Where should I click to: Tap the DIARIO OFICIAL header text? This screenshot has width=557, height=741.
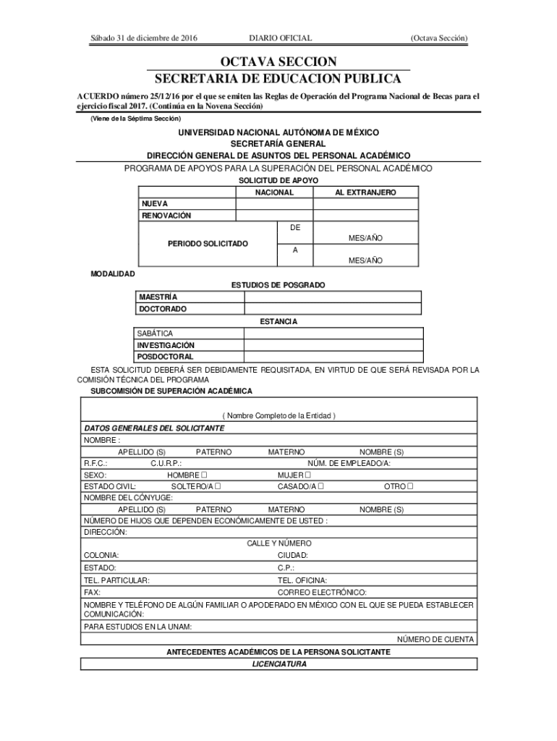click(280, 38)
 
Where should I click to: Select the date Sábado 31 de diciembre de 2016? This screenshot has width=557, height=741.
click(143, 38)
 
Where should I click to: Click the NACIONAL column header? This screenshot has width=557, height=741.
click(274, 192)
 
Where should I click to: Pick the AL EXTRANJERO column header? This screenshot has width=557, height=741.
click(365, 192)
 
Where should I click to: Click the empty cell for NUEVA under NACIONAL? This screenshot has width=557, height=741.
click(274, 204)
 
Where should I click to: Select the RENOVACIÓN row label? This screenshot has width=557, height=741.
click(166, 216)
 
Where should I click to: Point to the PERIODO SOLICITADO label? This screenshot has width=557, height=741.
click(208, 244)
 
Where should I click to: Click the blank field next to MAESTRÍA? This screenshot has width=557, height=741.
click(333, 297)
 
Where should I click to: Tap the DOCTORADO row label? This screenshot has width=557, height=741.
click(163, 309)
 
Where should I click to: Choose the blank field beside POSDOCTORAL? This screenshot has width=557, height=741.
click(333, 357)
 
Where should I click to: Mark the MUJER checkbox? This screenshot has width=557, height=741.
click(307, 475)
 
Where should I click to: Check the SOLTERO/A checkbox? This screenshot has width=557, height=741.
click(217, 486)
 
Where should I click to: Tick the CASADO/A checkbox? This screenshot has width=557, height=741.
click(320, 486)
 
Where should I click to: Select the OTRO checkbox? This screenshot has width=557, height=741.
click(410, 486)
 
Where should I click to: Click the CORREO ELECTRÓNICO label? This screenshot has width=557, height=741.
click(322, 592)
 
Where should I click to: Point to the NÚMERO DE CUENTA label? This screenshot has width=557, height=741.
click(435, 640)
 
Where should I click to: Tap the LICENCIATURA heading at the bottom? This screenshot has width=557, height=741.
click(278, 664)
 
